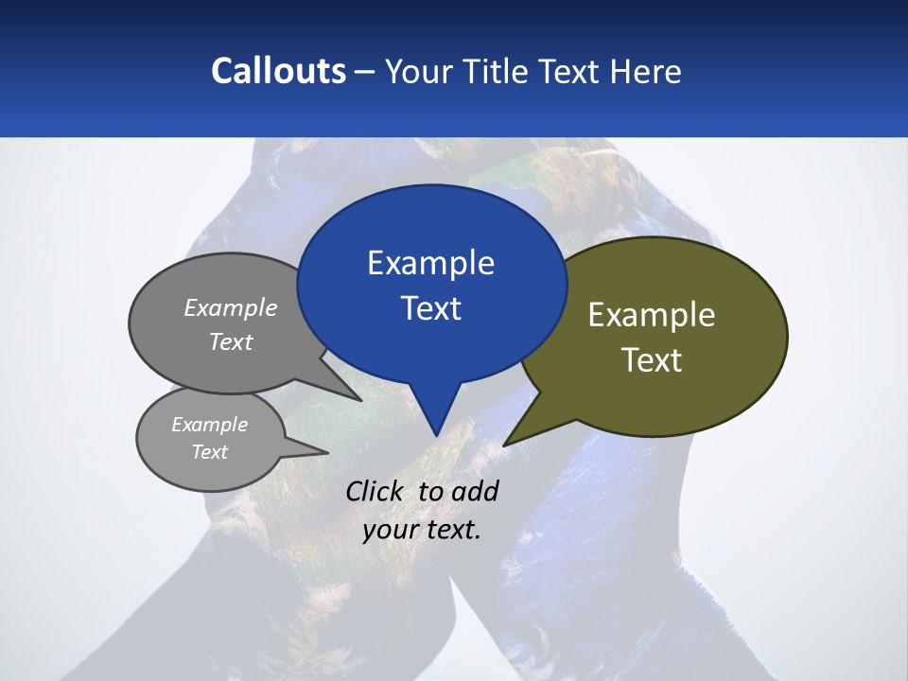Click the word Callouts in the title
[x=279, y=71]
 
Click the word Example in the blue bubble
[x=430, y=263]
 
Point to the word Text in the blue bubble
[x=430, y=308]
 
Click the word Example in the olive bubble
[x=652, y=315]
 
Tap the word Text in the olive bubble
[x=652, y=360]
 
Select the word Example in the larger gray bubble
[x=231, y=307]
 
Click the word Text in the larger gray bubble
[x=231, y=341]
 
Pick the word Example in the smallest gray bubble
[x=210, y=425]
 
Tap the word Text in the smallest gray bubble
[x=210, y=452]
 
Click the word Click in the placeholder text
[x=375, y=491]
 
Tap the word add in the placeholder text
[x=475, y=491]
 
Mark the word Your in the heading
[x=417, y=71]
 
